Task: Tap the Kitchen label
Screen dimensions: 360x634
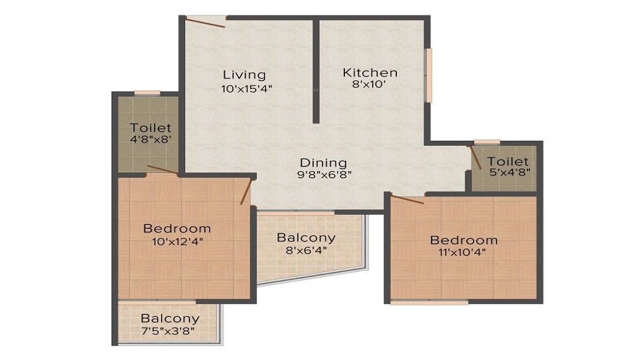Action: pyautogui.click(x=370, y=72)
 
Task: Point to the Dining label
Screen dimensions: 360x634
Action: pyautogui.click(x=323, y=162)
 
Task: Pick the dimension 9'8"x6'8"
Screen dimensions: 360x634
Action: pyautogui.click(x=325, y=174)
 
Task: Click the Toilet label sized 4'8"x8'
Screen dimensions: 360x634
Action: pyautogui.click(x=150, y=127)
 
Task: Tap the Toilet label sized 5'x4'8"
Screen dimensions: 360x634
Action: pyautogui.click(x=508, y=162)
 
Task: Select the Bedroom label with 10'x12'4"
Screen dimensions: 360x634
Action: pyautogui.click(x=177, y=228)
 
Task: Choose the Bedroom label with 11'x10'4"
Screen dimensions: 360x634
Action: pyautogui.click(x=463, y=240)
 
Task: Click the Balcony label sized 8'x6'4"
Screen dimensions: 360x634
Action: pyautogui.click(x=306, y=238)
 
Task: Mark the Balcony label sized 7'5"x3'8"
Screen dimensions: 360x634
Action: pyautogui.click(x=170, y=319)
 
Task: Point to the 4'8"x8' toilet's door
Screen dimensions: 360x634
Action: pyautogui.click(x=163, y=170)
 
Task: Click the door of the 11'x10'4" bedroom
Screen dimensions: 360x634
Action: pyautogui.click(x=408, y=200)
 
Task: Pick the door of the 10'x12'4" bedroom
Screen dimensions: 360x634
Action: pyautogui.click(x=246, y=191)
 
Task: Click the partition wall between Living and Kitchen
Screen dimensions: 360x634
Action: pyautogui.click(x=315, y=70)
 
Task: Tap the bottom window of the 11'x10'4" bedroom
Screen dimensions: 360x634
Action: pyautogui.click(x=429, y=302)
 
